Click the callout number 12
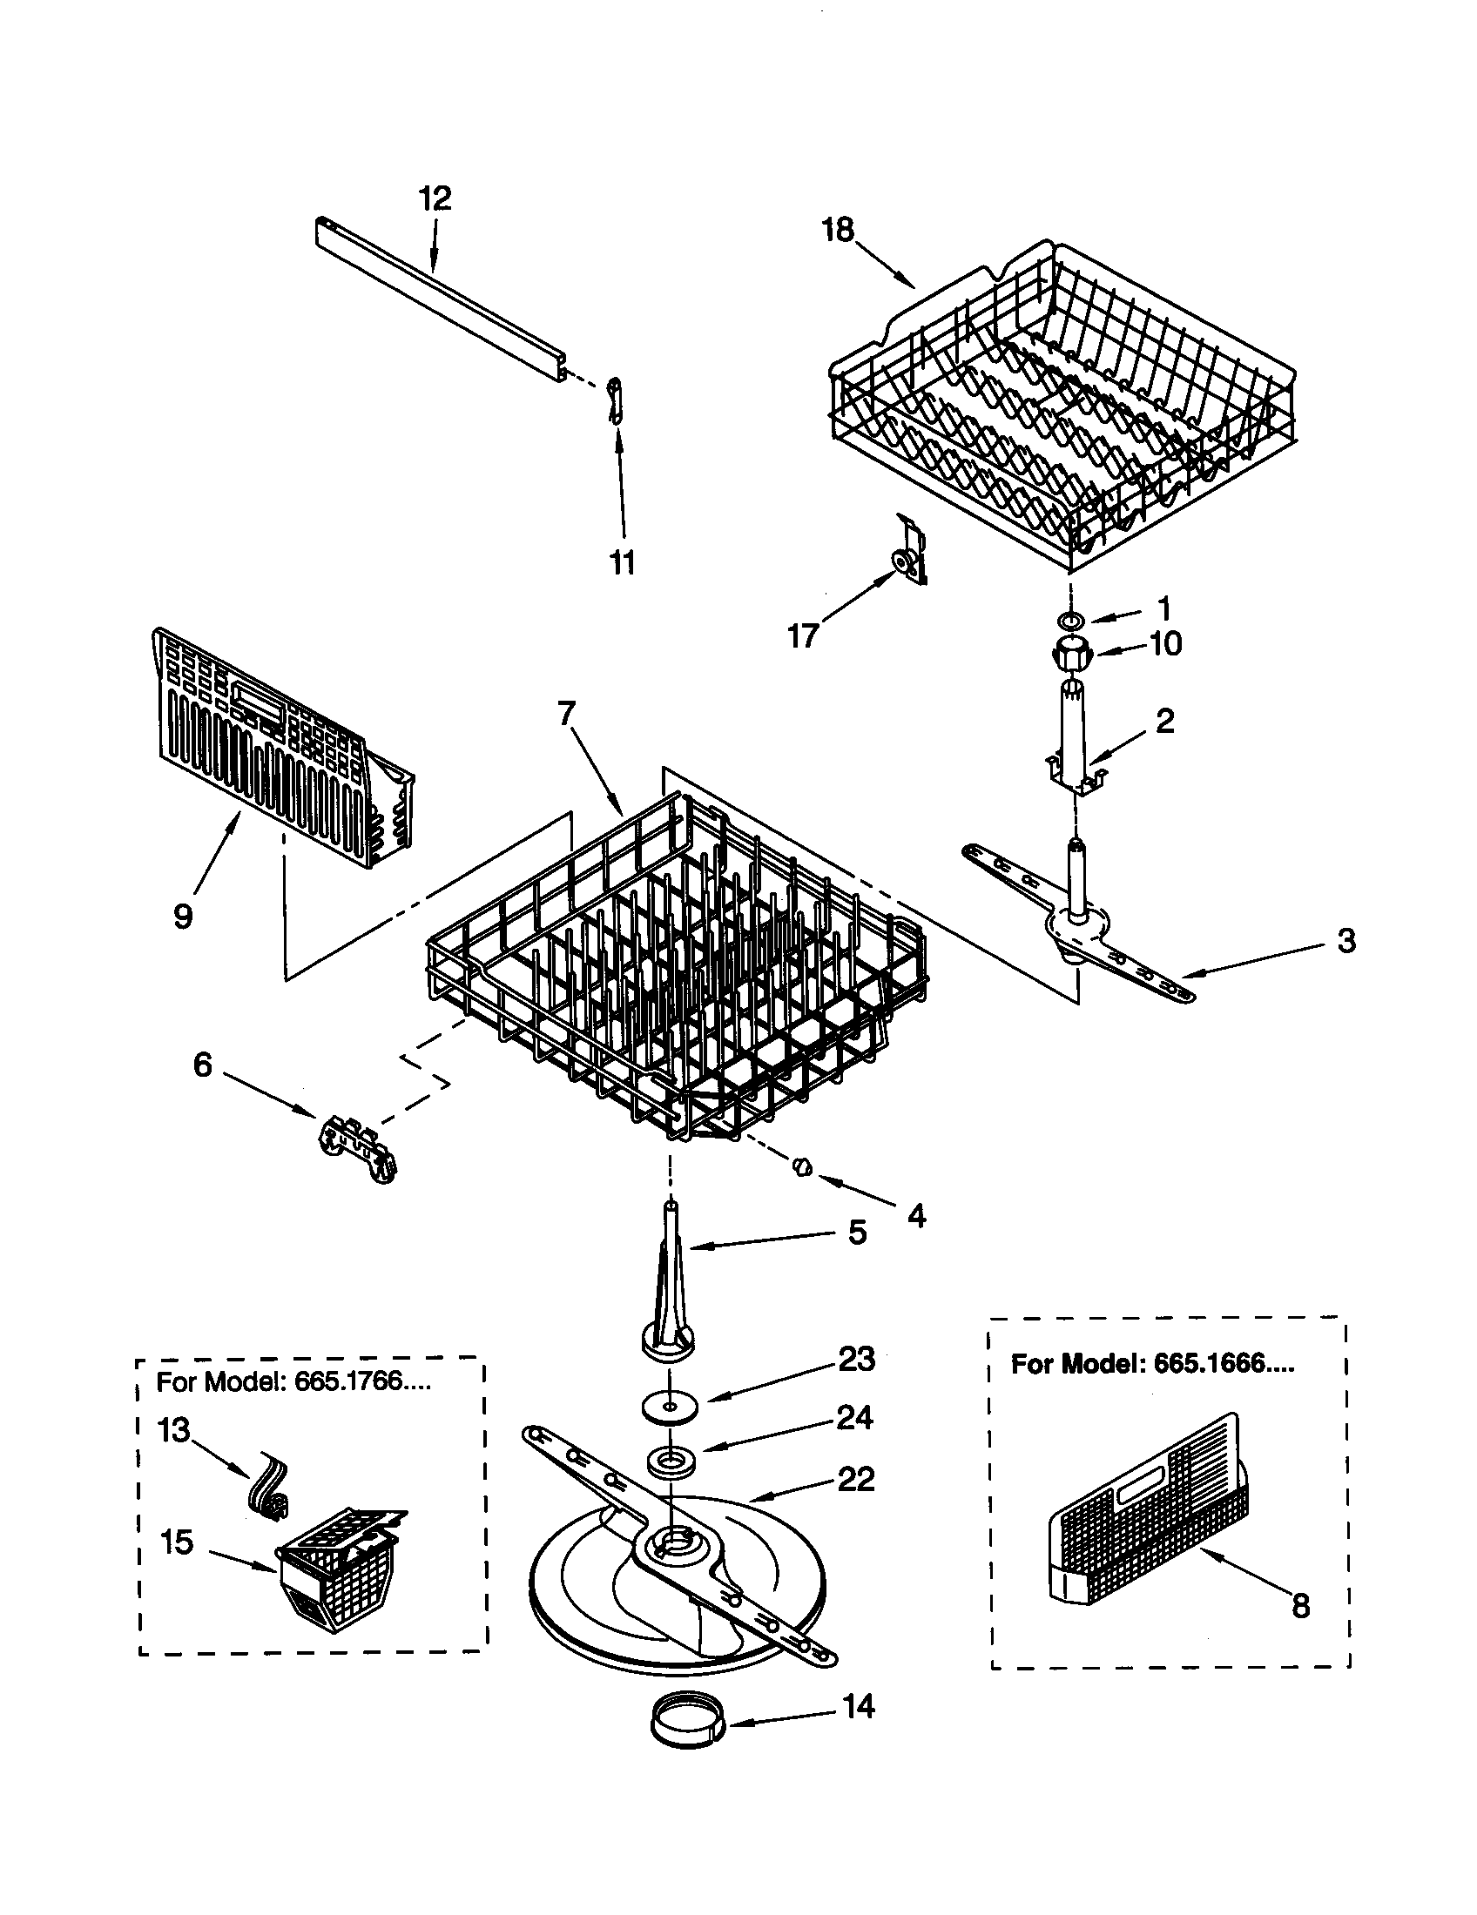click(x=435, y=199)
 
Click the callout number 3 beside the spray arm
click(x=1346, y=941)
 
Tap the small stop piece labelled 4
click(x=802, y=1167)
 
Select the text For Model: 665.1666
click(x=1151, y=1363)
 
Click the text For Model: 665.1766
click(x=293, y=1382)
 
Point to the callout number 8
click(x=1301, y=1605)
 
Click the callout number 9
click(x=182, y=917)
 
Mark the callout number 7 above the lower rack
click(x=567, y=714)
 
